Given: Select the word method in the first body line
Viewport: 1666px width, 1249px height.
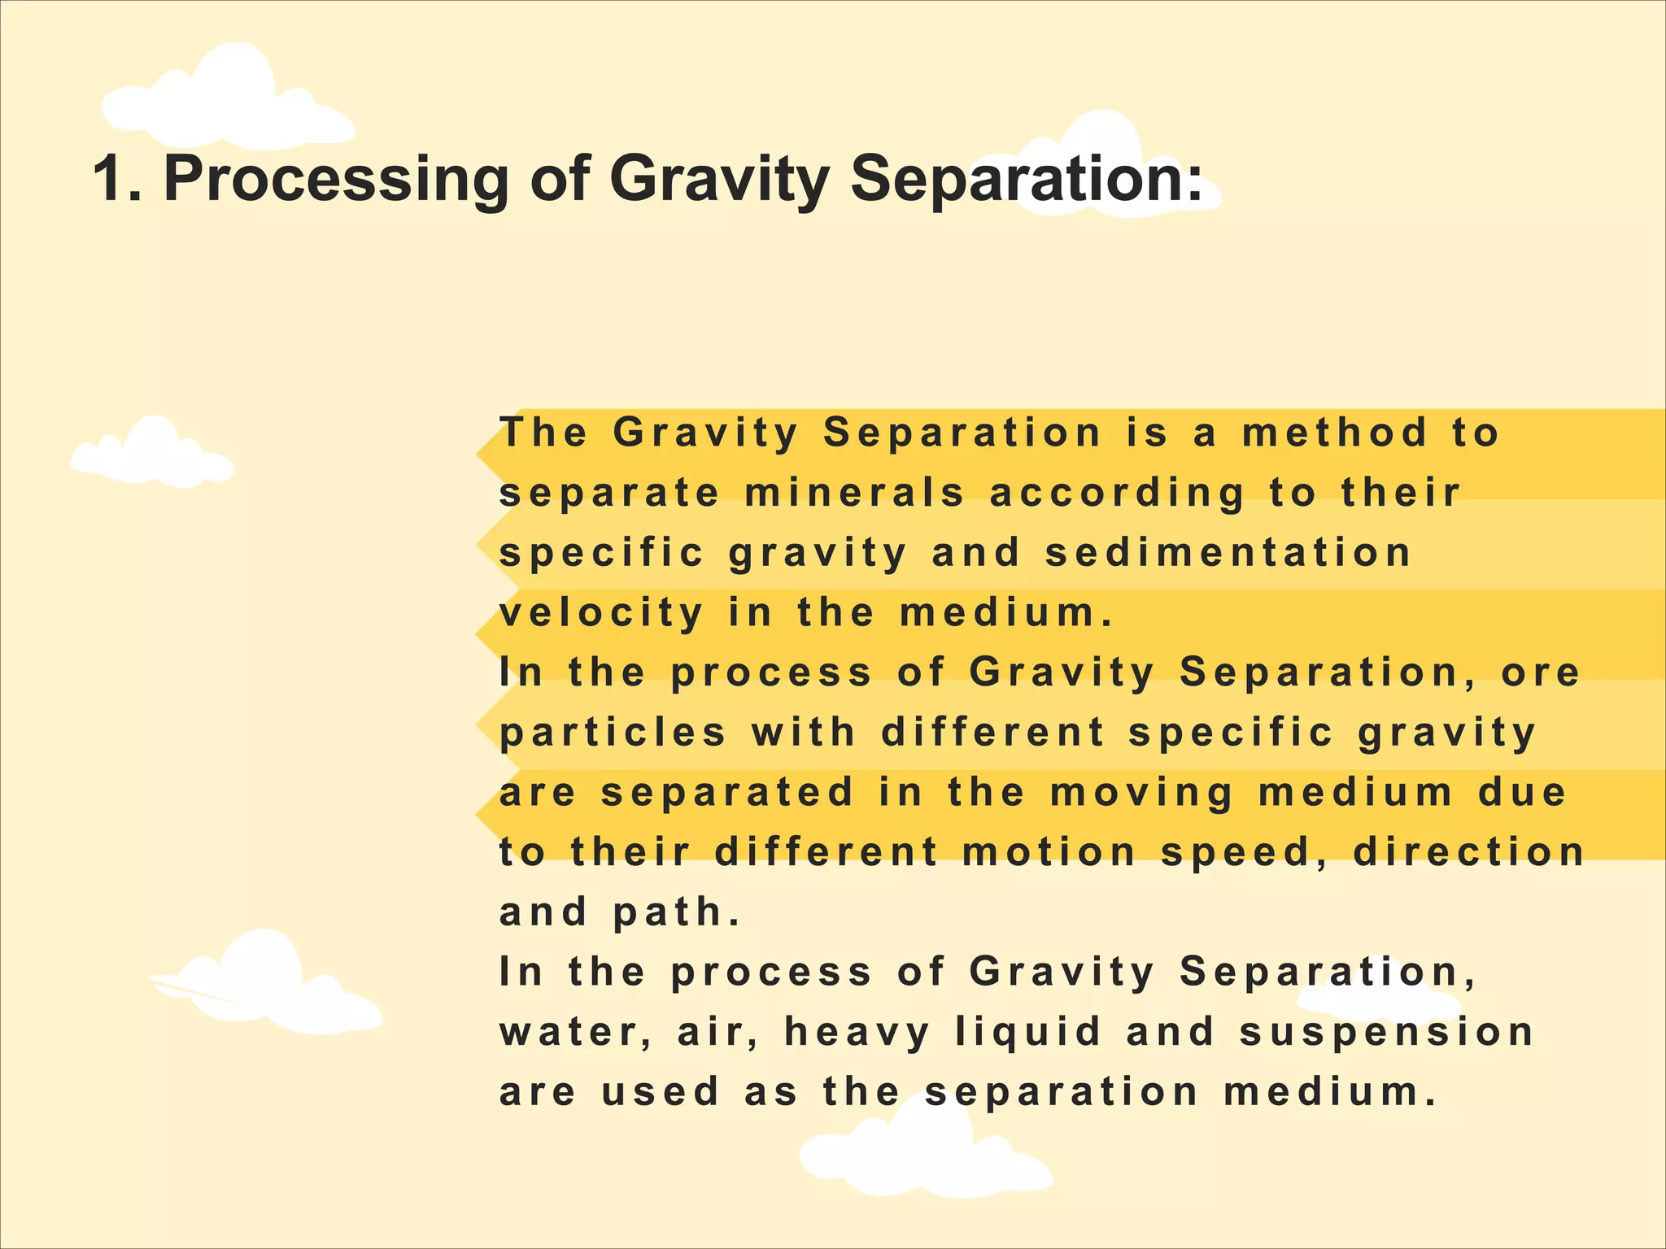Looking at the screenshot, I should [1335, 433].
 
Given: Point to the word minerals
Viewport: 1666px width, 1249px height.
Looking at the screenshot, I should [854, 493].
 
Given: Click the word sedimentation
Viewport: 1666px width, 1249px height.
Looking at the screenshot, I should [1228, 553].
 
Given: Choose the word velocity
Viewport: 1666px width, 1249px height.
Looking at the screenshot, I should [601, 613].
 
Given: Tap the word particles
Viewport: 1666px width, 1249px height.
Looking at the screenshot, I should [613, 732].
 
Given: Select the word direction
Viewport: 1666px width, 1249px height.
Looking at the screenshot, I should [1469, 851].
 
